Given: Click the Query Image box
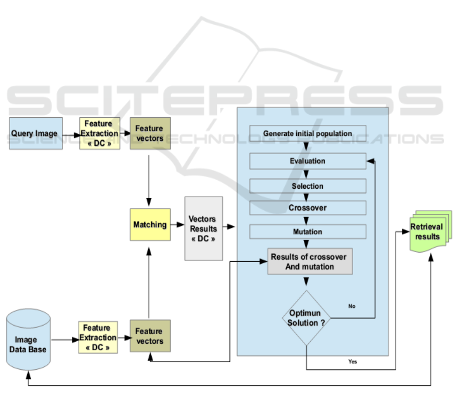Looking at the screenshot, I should (36, 133).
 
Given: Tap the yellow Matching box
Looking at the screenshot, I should (150, 224).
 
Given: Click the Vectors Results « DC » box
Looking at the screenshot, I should (203, 228).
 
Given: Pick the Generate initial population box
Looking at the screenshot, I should (307, 133).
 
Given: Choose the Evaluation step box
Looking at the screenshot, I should (307, 161).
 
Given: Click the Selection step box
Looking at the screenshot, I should (307, 186).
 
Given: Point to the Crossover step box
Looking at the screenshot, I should (307, 207).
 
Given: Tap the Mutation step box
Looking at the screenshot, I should (307, 231).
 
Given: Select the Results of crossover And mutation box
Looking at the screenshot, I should (309, 262).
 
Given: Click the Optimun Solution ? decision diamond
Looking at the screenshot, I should (306, 317).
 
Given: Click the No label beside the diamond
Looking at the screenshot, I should (352, 306).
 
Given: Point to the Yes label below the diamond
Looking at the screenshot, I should (353, 361).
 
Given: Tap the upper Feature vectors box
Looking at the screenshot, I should (150, 133).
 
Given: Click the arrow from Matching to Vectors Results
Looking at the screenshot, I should (176, 225).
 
